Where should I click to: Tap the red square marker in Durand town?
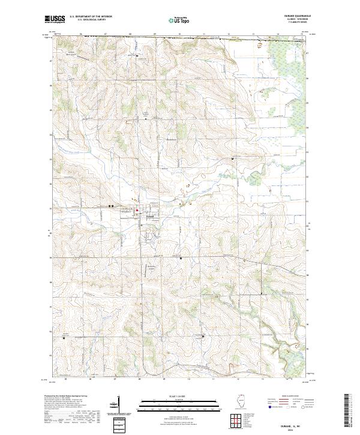(x=137, y=210)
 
